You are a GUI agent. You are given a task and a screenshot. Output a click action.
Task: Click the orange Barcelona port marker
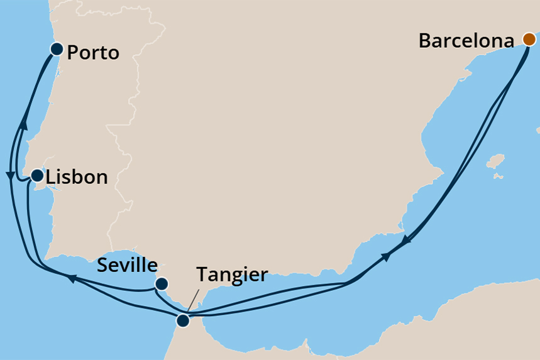[529, 40]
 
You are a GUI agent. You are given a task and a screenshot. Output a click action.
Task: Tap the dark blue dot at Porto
[57, 49]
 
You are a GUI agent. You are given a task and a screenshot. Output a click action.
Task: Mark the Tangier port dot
[182, 321]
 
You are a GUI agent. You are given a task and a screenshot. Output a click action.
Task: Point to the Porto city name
[93, 53]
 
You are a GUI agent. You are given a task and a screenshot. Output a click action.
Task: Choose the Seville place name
[127, 266]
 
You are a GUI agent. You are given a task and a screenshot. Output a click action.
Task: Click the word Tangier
[232, 275]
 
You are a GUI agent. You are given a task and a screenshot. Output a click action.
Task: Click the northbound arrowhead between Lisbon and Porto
[23, 124]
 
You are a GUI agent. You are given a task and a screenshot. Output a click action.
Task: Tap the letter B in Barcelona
[424, 41]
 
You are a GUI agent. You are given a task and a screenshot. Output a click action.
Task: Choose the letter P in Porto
[72, 53]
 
